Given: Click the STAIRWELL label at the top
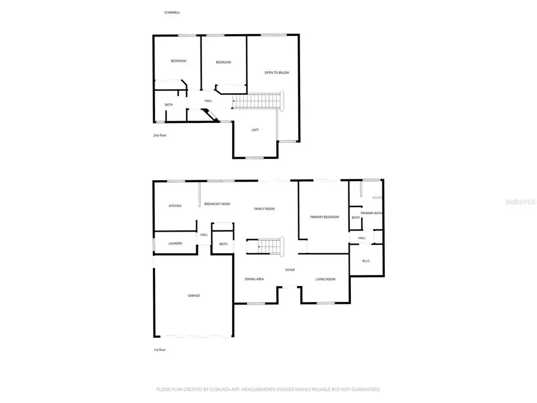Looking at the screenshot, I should tap(172, 12).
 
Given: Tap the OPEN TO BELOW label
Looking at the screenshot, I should tap(277, 73).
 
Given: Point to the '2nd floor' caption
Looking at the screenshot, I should tap(160, 136).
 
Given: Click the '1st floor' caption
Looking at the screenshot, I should tap(159, 349).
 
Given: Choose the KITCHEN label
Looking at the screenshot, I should tap(175, 206).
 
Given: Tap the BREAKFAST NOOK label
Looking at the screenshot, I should tap(217, 204).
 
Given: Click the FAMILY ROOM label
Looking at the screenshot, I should tap(264, 208).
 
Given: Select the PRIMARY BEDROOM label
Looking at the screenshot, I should tap(324, 217).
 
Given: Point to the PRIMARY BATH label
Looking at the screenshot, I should tap(372, 213).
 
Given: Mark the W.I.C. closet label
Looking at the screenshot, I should tap(366, 261).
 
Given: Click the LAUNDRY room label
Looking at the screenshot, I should tap(175, 244).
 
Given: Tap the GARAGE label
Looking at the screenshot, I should tap(193, 296).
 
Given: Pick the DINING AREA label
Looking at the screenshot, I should tap(254, 279).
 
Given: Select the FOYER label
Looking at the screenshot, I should tap(290, 270).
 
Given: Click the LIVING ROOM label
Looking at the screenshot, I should tap(325, 279).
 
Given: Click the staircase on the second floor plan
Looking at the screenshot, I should tap(257, 101).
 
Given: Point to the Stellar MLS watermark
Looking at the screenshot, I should tap(520, 202).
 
